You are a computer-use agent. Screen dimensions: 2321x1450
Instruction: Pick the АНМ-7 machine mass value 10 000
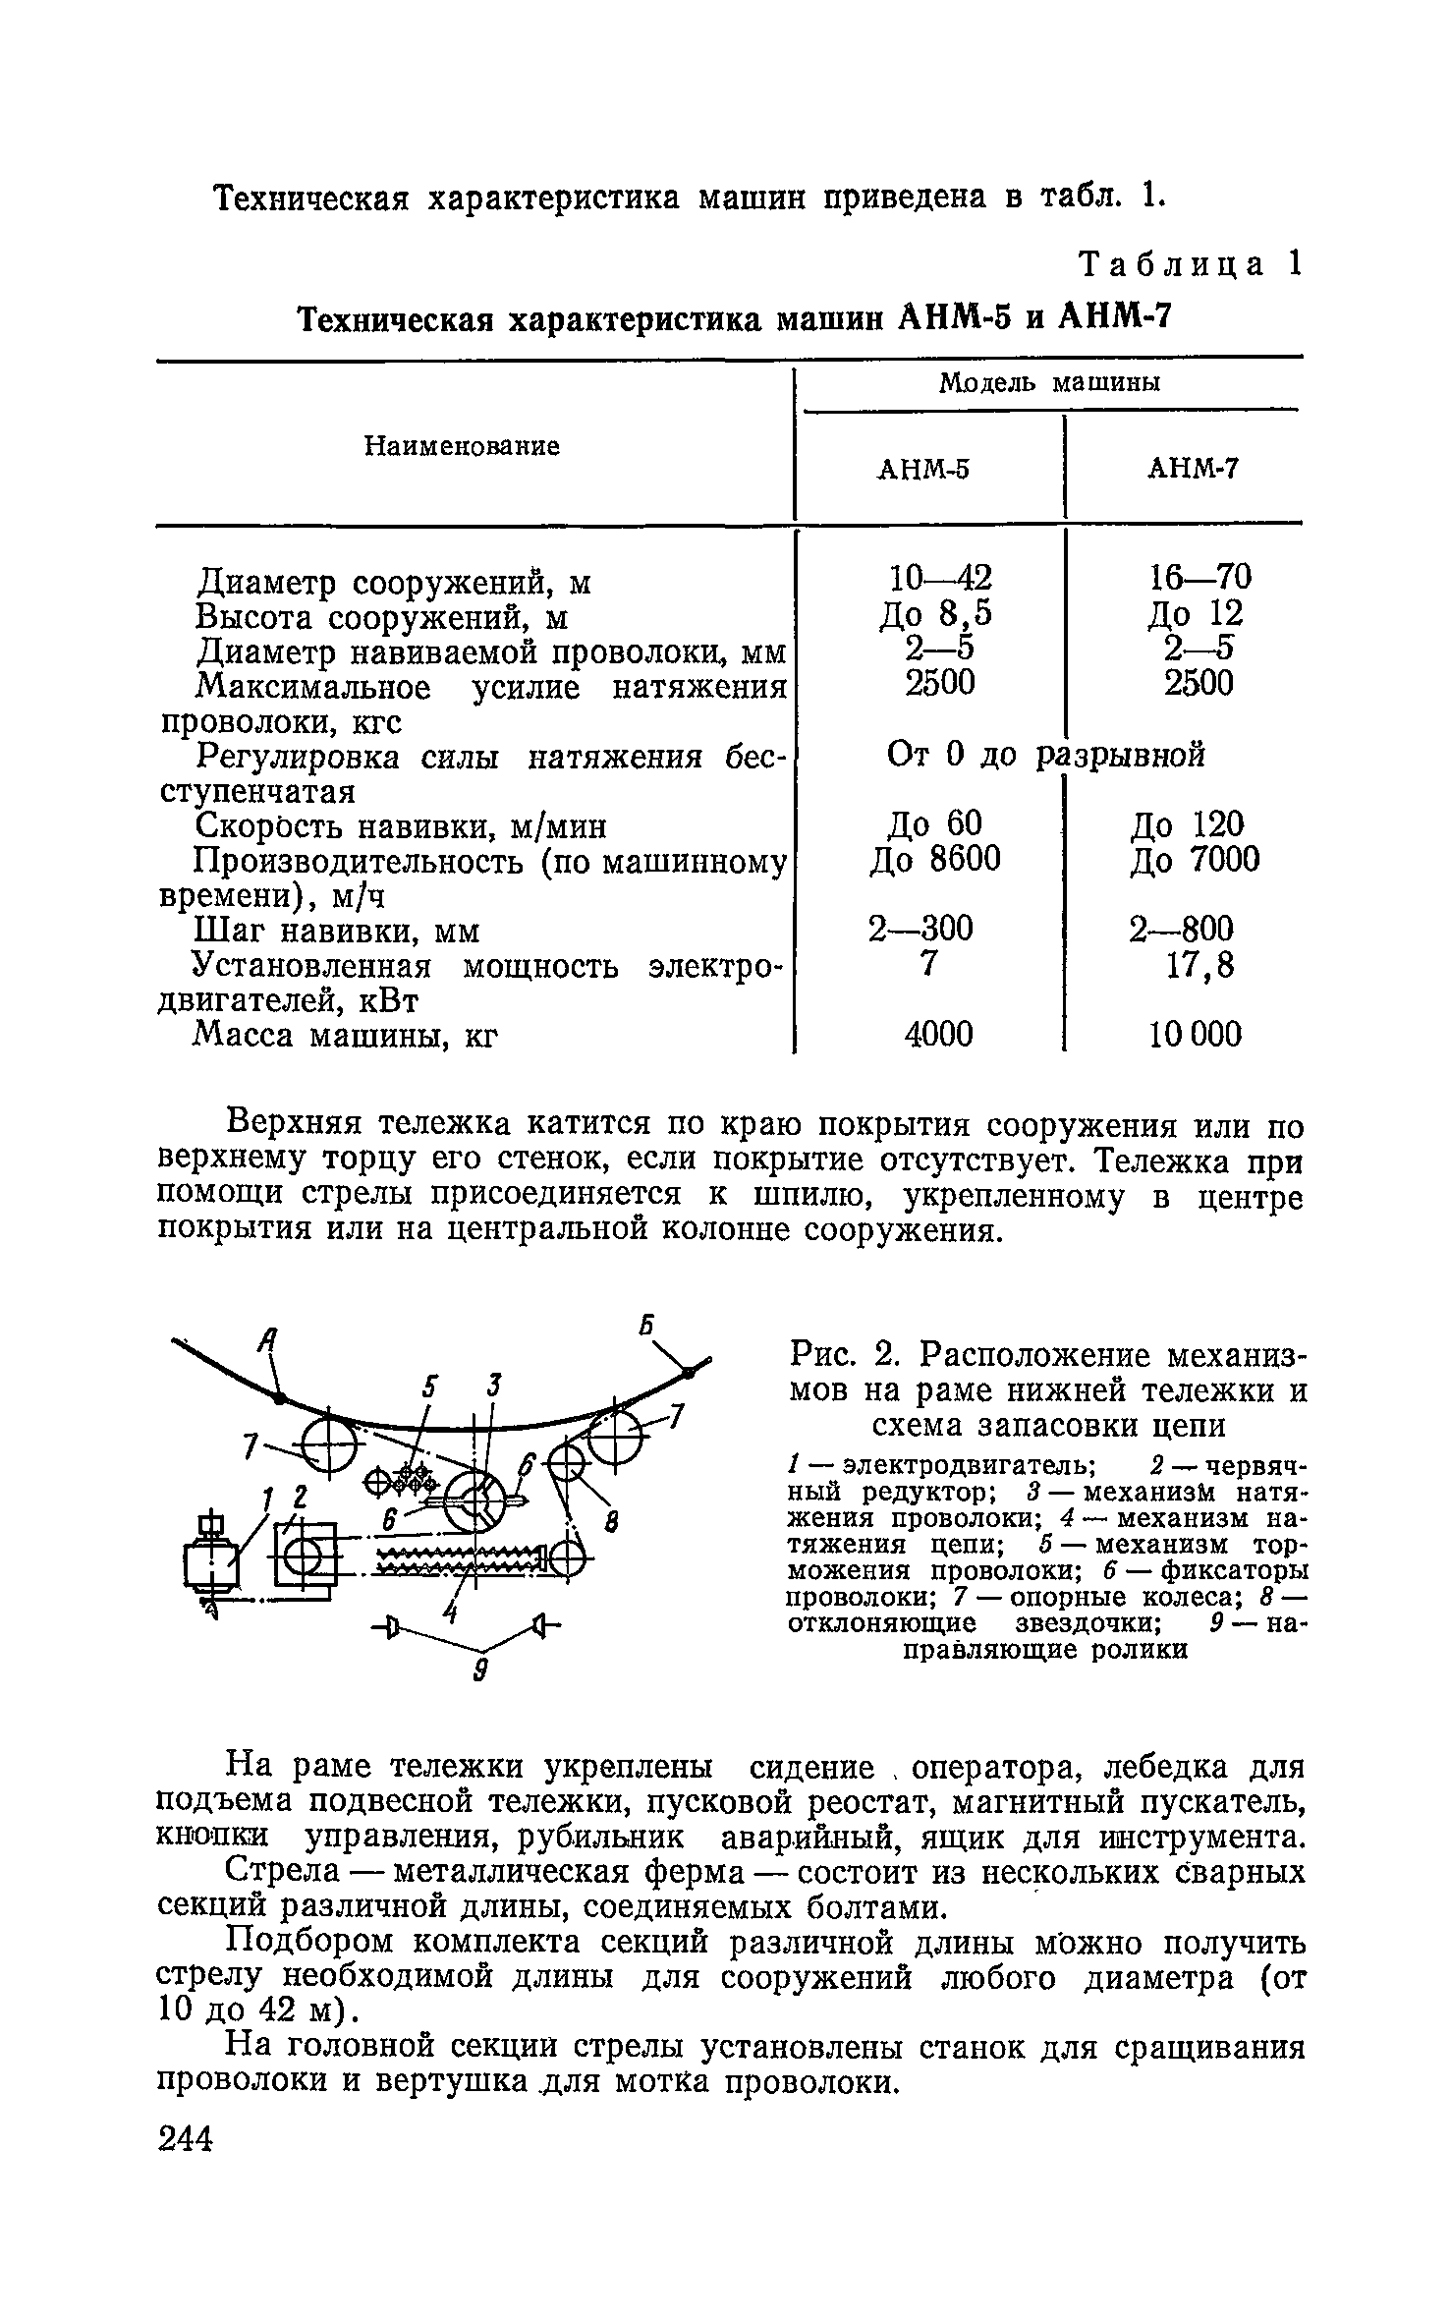coord(1196,1033)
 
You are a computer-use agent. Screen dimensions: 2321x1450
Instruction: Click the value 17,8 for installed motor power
coord(1199,967)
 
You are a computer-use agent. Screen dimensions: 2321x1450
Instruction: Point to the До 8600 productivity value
coord(934,860)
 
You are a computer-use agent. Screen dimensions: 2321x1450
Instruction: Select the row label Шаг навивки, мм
coord(337,930)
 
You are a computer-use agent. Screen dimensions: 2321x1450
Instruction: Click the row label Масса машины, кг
coord(346,1034)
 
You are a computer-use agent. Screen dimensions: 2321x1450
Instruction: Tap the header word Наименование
coord(462,446)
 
